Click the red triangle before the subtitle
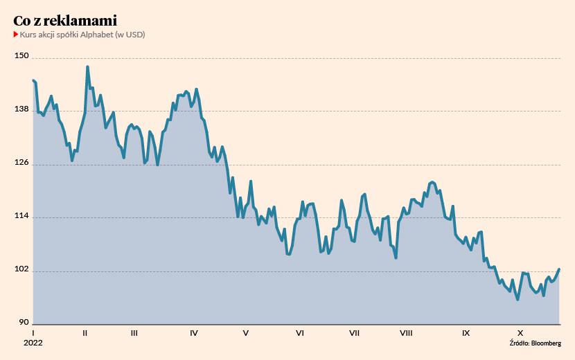tap(16, 34)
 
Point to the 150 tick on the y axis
tap(22, 56)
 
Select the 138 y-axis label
tap(22, 109)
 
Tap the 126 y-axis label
tap(22, 163)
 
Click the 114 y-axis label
tap(22, 217)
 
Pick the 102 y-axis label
tap(22, 270)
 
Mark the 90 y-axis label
tap(24, 323)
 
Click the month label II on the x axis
tap(85, 333)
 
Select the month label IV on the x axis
tap(193, 333)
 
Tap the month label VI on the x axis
tap(300, 333)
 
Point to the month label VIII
tap(406, 333)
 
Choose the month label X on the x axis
tap(520, 333)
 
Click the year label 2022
tap(33, 343)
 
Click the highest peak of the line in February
tap(87, 67)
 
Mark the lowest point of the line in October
tap(517, 300)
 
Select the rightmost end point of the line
tap(559, 269)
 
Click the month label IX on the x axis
tap(466, 333)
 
